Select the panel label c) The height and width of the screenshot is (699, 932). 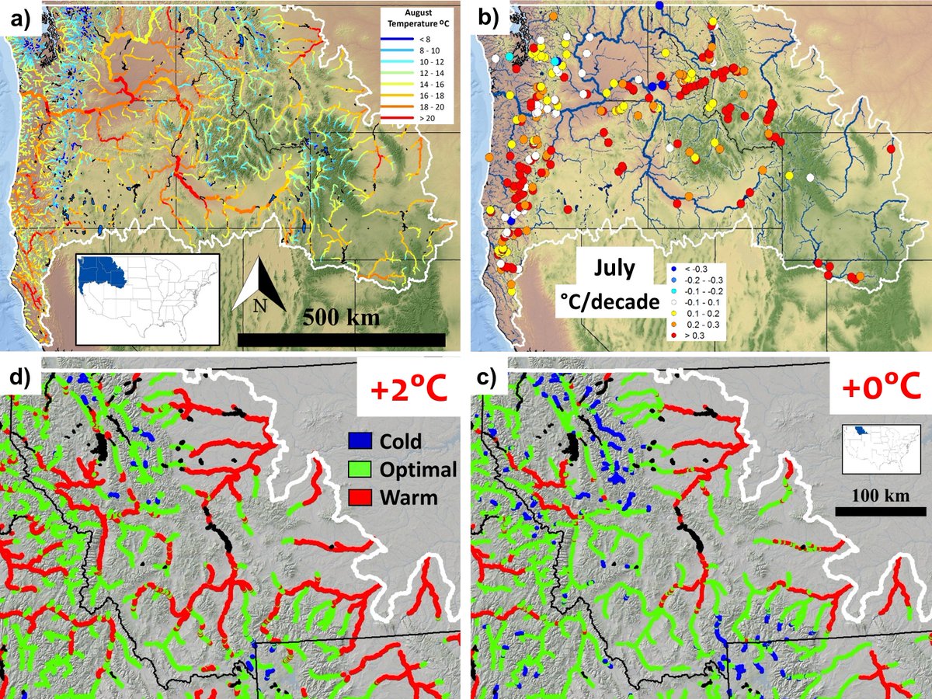point(491,380)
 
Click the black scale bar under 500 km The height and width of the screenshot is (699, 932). point(342,339)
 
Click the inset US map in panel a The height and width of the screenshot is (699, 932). point(148,297)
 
